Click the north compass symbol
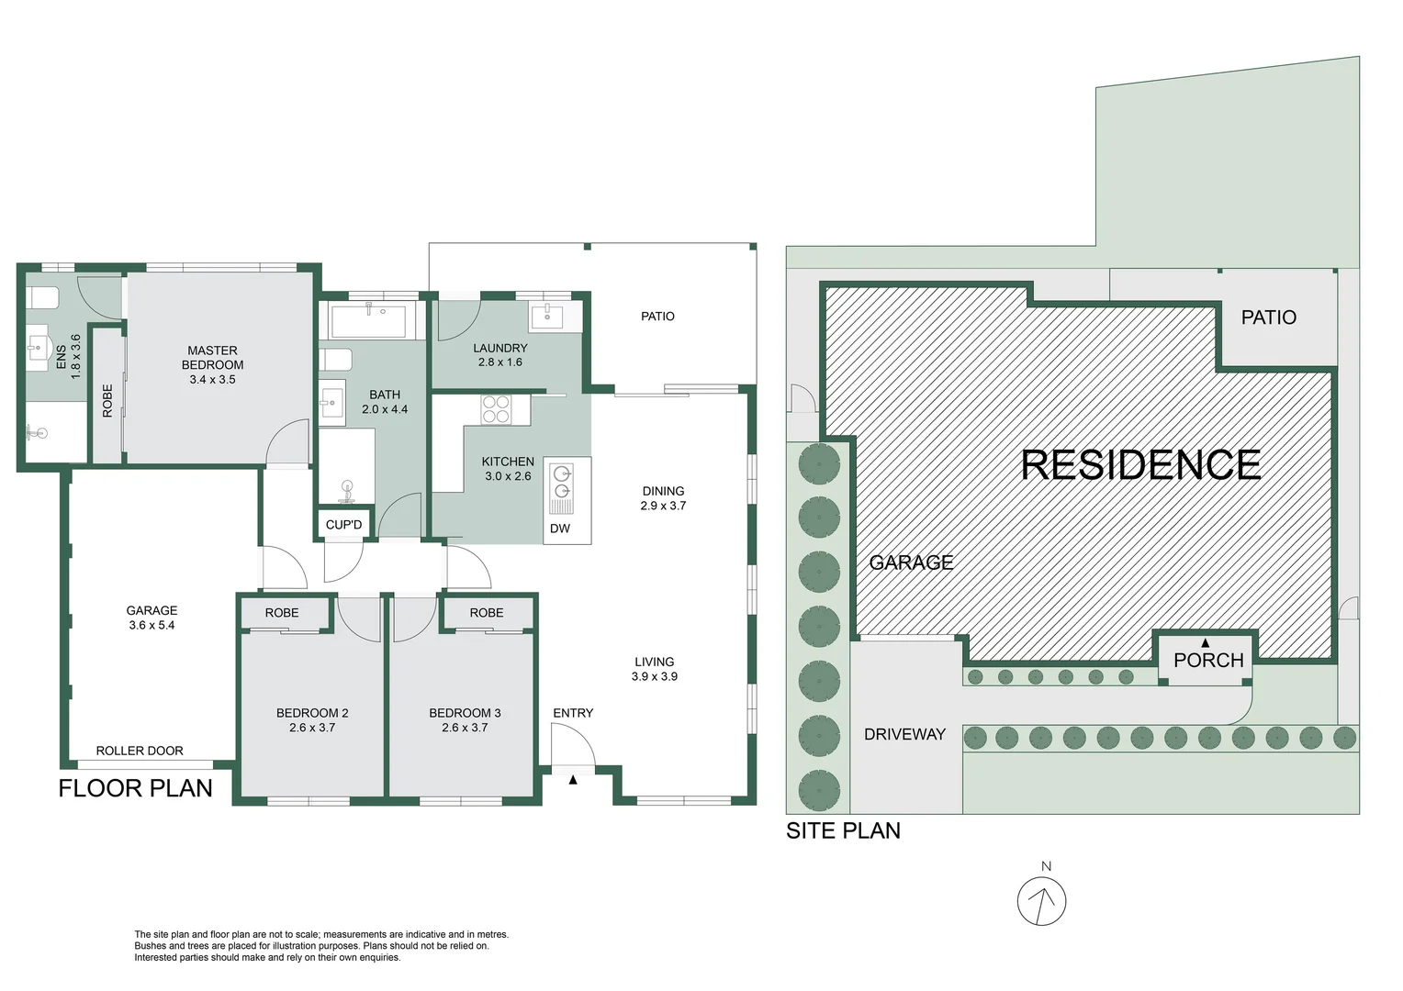pos(1041,900)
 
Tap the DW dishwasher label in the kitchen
pos(560,529)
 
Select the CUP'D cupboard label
pos(344,525)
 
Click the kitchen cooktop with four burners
pos(496,409)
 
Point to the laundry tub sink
pos(546,317)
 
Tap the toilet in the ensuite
pos(42,298)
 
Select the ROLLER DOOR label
pos(140,751)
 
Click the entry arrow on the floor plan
pos(573,780)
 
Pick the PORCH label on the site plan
pos(1208,661)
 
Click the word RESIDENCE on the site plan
pos(1140,465)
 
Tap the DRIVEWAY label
pos(904,734)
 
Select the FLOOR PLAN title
pos(135,788)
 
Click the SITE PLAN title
pos(843,830)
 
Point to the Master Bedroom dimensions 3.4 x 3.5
pos(213,379)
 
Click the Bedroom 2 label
pos(312,713)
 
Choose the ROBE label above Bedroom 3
pos(487,613)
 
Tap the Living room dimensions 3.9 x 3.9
pos(655,676)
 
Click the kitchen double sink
pos(561,487)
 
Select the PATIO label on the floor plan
pos(657,317)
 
